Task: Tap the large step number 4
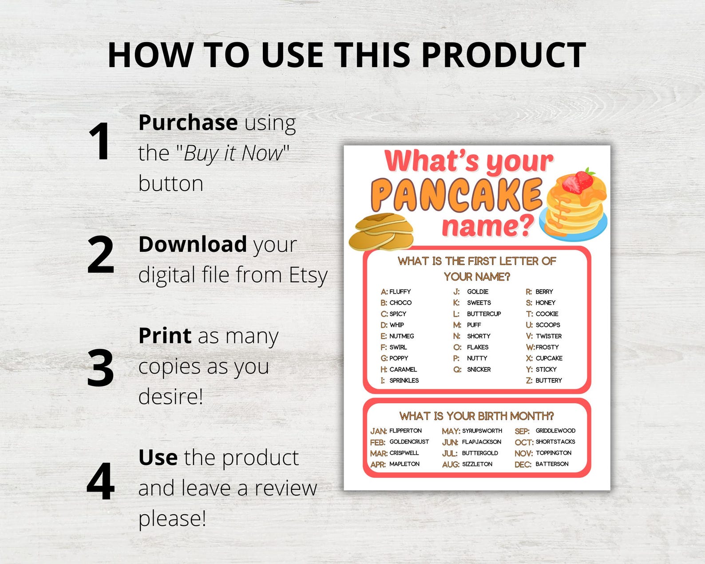click(101, 481)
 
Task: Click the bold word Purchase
click(188, 123)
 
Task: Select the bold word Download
click(192, 245)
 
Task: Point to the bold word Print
click(165, 336)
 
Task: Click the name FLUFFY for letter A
click(400, 292)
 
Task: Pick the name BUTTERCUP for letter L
click(484, 314)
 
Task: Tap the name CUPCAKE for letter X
click(549, 358)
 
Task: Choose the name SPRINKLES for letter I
click(404, 381)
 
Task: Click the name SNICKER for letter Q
click(479, 369)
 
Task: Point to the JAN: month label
click(378, 431)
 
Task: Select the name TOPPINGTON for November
click(553, 453)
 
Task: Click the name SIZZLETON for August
click(477, 464)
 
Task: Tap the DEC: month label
click(523, 465)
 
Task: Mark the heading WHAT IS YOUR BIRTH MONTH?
click(476, 416)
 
